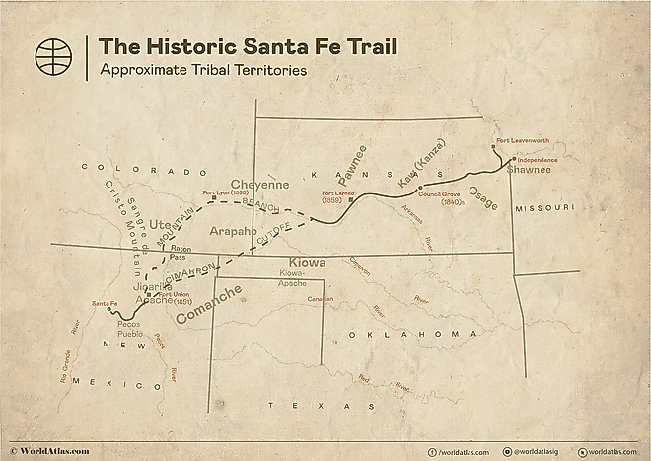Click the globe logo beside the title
coord(53,56)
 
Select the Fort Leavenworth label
coord(523,141)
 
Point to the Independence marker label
coord(538,160)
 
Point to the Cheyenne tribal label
coord(259,184)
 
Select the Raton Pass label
coord(177,252)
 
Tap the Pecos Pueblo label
coord(130,329)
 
